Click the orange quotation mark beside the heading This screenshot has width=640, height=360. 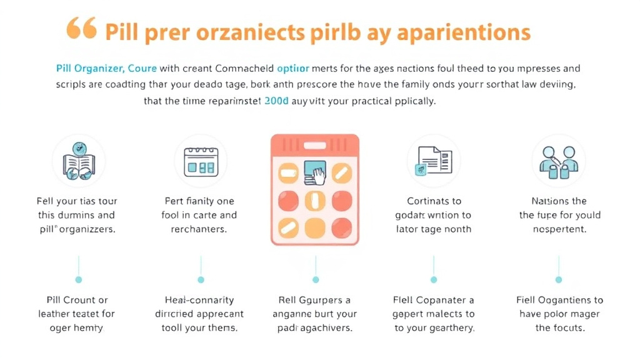(x=82, y=29)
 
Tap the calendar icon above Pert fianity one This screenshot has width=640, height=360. (x=199, y=162)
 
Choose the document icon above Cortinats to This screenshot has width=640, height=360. (x=432, y=161)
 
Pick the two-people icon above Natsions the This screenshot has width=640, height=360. (x=559, y=161)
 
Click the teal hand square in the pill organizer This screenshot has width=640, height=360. (x=315, y=172)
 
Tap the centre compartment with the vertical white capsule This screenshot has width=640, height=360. (x=315, y=201)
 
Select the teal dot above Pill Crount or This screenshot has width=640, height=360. (x=78, y=279)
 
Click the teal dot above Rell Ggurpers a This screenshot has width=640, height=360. (x=315, y=279)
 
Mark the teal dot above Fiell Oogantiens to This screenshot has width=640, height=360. (x=559, y=279)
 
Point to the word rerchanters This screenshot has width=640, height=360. (x=198, y=229)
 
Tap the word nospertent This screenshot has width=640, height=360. (x=559, y=229)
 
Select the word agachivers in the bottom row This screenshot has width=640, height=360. (x=327, y=327)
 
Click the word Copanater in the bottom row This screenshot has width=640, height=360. (x=440, y=300)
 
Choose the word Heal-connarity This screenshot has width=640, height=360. (x=199, y=300)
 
